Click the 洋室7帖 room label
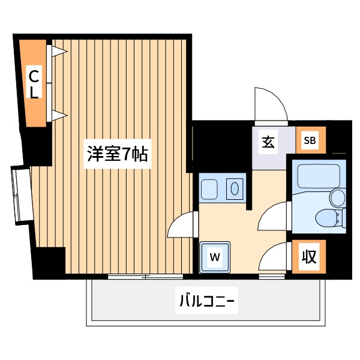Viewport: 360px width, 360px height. click(118, 154)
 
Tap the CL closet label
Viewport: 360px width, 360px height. click(34, 82)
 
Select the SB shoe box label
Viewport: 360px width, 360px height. click(310, 140)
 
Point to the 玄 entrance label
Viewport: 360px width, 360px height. click(268, 142)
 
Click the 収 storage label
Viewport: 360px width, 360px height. click(309, 256)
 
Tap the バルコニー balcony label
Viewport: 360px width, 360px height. click(206, 301)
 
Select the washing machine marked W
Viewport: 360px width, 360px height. click(215, 257)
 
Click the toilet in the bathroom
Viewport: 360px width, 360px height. click(331, 218)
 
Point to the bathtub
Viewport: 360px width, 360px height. click(319, 176)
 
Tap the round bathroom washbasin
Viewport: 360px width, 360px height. click(337, 197)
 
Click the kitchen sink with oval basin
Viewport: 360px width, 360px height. click(235, 189)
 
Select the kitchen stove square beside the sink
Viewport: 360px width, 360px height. click(209, 190)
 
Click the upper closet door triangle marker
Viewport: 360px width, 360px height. click(59, 51)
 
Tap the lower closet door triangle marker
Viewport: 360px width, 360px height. click(59, 115)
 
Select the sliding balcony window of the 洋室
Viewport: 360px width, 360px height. click(145, 277)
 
